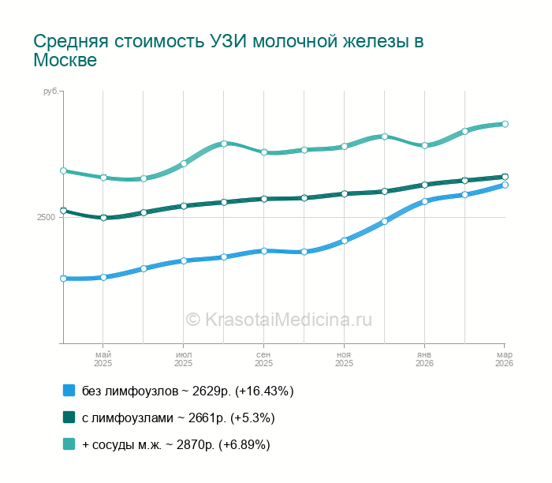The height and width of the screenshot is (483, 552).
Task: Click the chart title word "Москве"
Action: coord(65,61)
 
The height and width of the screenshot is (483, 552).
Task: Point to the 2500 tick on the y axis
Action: coord(46,218)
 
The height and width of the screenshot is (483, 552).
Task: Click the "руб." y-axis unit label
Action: coord(50,92)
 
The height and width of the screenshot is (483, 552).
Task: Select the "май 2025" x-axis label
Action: coord(103,359)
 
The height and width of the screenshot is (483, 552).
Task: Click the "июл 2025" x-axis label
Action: coord(183,359)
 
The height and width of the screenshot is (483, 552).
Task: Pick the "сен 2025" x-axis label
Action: coord(263,359)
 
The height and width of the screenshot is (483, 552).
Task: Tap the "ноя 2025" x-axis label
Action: coord(344,359)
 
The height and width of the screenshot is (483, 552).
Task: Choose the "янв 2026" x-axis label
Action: coord(424,359)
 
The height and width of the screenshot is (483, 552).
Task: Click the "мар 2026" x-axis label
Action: coord(504,359)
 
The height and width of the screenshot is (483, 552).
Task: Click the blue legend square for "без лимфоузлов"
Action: coord(69,391)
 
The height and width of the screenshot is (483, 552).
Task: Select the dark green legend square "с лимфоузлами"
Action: coord(69,417)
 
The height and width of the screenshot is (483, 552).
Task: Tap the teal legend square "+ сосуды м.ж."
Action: coord(69,444)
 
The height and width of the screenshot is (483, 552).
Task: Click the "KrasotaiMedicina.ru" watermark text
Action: coord(289,319)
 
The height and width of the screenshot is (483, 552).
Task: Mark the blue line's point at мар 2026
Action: coord(505,185)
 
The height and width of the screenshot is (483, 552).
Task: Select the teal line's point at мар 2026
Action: coord(505,124)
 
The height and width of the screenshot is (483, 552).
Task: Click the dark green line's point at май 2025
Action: coord(103,218)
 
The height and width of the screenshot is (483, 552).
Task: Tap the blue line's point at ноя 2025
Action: coord(344,241)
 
